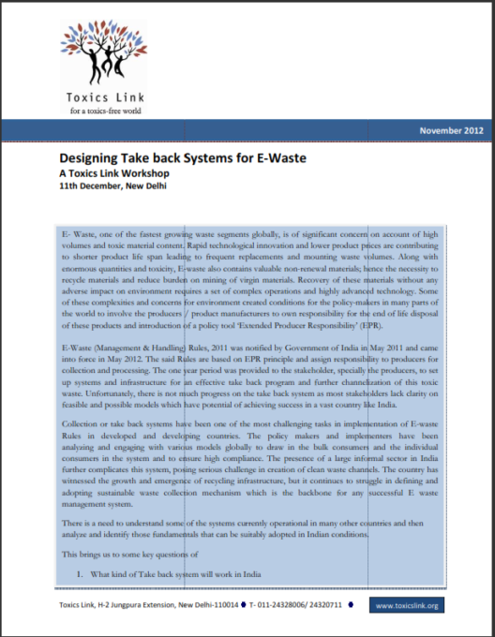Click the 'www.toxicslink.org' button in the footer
click(406, 606)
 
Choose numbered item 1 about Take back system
click(187, 573)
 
